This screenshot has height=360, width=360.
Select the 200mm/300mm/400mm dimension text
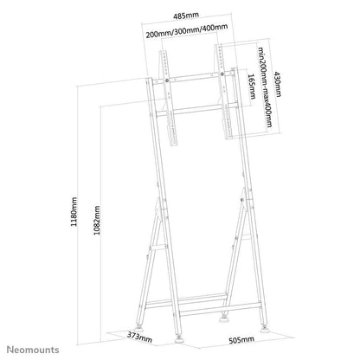[x=194, y=34]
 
